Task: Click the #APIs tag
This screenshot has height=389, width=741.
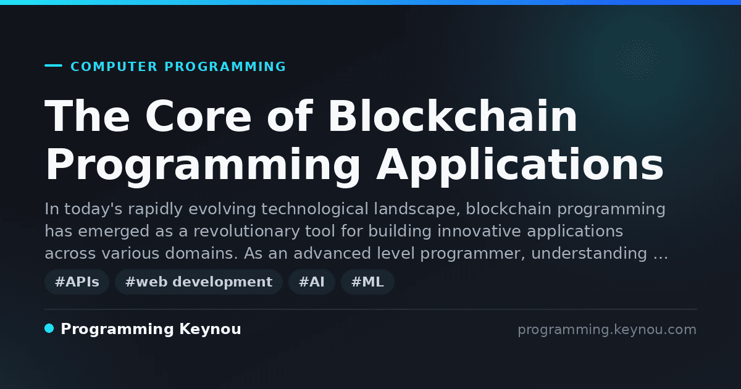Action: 77,282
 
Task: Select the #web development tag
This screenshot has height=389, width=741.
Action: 198,282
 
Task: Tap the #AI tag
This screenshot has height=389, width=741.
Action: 312,282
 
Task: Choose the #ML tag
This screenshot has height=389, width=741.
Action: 367,282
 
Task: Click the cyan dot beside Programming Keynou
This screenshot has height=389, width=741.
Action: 49,328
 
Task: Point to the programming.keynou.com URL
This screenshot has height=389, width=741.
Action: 607,330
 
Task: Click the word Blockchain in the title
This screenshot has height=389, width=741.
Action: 453,117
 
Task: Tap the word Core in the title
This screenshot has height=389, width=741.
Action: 198,117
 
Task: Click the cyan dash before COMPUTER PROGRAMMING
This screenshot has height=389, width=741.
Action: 53,65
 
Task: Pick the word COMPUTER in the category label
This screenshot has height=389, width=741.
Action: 114,67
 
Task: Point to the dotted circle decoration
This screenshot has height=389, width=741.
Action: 638,61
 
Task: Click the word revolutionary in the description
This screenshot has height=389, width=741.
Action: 246,231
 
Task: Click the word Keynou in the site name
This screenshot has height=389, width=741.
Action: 210,329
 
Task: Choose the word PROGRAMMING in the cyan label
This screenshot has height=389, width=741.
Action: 225,67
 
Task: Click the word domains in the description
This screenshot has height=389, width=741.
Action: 202,254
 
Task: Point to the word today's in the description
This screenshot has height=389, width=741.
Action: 93,209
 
